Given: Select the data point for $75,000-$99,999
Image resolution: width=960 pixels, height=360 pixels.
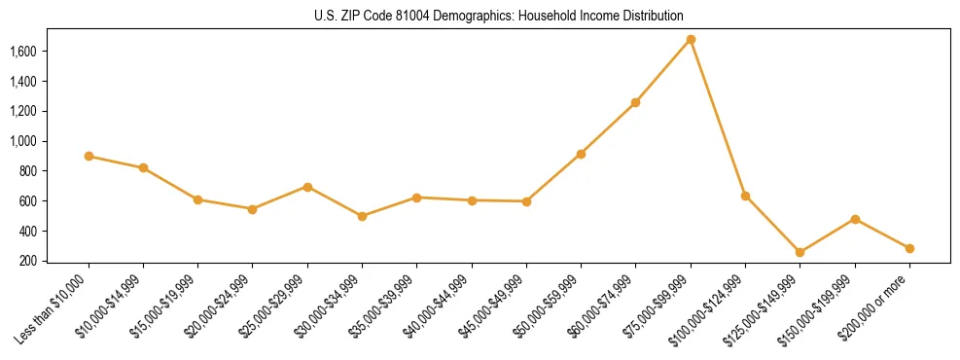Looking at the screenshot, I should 691,40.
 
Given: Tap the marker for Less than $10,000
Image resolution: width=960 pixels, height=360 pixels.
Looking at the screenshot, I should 89,156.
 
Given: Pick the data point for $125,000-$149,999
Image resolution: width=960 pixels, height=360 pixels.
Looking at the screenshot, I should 800,252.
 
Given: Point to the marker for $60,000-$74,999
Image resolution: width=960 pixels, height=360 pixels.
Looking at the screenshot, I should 635,102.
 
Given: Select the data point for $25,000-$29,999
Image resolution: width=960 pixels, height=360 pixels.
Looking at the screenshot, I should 307,187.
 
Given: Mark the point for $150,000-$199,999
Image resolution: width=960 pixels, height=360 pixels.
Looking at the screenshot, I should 855,219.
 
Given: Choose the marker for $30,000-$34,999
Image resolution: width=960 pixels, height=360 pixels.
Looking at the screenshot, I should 362,216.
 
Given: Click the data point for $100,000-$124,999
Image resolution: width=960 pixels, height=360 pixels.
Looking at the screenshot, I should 745,196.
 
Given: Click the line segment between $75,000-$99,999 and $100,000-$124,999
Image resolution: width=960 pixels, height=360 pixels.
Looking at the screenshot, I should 718,118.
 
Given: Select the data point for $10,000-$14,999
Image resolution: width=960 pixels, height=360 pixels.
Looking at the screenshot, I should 143,167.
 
